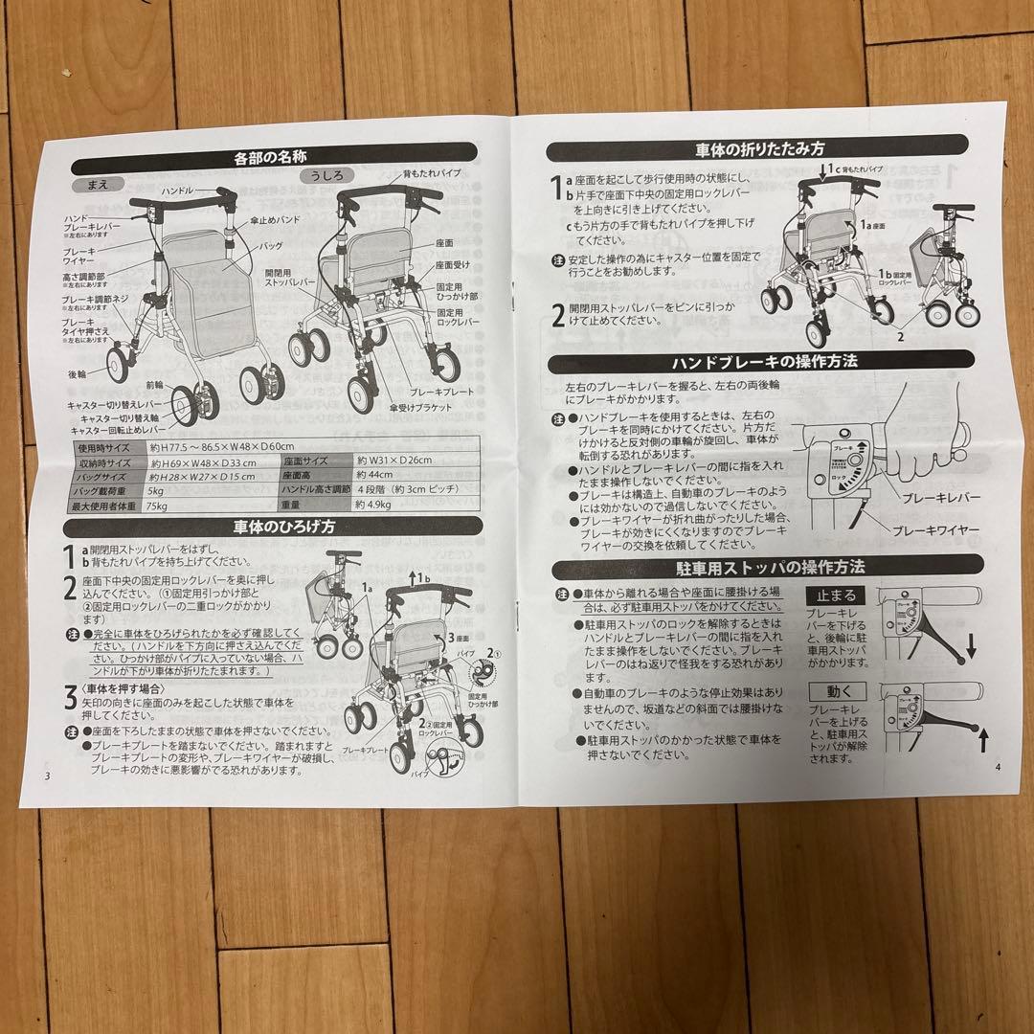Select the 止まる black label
(x=836, y=595)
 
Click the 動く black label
(x=835, y=689)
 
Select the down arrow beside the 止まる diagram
(x=971, y=650)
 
